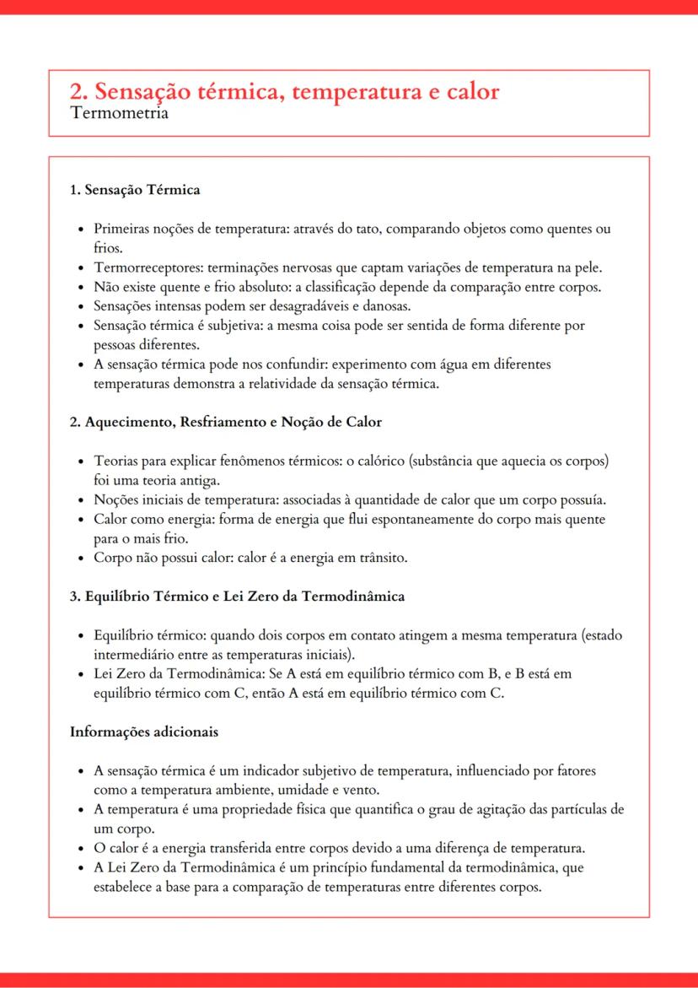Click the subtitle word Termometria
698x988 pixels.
119,113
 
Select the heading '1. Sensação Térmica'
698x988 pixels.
135,190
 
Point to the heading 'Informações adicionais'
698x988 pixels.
144,732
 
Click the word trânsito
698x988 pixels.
383,558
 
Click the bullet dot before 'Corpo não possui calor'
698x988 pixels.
80,559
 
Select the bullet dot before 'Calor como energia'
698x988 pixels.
80,520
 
